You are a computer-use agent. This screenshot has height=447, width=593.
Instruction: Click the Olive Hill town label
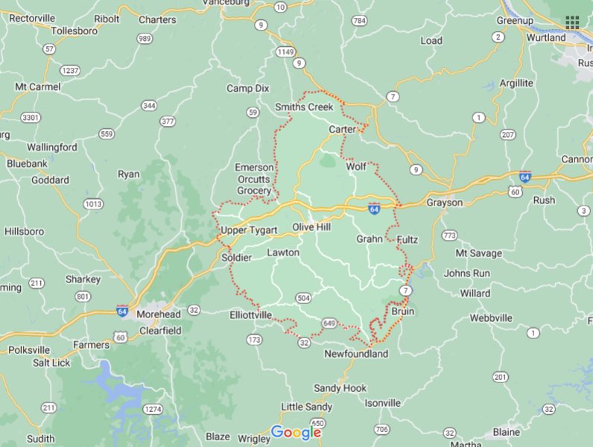pos(311,226)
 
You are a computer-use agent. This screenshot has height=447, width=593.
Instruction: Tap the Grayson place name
pos(444,203)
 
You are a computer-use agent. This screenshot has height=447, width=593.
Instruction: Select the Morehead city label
pos(158,314)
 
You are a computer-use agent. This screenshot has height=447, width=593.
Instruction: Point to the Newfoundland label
pos(356,354)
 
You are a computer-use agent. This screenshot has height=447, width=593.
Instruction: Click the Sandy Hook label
pos(340,388)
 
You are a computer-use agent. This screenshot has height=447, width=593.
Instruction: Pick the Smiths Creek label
pos(304,107)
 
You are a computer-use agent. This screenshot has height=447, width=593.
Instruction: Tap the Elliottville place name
pos(251,315)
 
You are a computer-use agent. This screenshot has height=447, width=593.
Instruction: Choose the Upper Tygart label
pos(249,230)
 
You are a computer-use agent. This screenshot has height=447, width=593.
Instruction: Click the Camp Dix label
pos(248,89)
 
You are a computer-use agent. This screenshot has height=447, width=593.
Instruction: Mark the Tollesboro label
pos(75,31)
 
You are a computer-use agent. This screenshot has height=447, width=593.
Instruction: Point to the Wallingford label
pos(52,148)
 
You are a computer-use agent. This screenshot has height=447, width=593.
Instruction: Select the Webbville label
pos(491,318)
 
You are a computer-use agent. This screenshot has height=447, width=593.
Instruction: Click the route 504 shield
pos(303,298)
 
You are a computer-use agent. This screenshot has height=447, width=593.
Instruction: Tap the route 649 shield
pos(329,323)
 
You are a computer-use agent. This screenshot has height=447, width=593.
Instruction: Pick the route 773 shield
pos(449,235)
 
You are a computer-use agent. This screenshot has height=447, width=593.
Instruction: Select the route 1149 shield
pos(285,51)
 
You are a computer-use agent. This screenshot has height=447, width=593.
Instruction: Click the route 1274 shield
pos(153,409)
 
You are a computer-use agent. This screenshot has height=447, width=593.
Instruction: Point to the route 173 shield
pos(254,340)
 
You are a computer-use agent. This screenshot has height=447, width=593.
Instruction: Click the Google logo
pos(296,432)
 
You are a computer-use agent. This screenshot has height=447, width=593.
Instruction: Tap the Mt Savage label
pos(478,253)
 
